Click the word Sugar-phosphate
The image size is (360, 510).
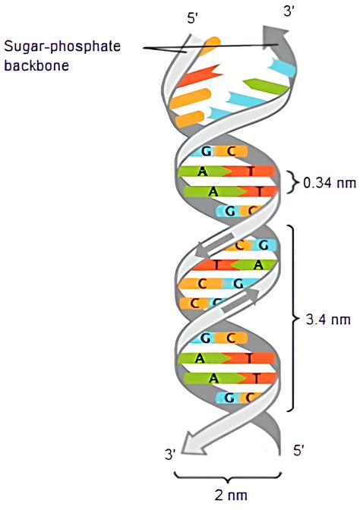tap(62, 46)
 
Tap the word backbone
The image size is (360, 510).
tap(36, 65)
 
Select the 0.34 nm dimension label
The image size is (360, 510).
tap(330, 183)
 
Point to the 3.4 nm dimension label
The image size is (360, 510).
tap(328, 320)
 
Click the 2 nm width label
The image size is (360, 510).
tap(231, 496)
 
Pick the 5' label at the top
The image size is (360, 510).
tap(193, 18)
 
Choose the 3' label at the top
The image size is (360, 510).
tap(289, 13)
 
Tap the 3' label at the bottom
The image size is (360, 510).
tap(171, 454)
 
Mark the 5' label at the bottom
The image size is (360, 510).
tap(298, 451)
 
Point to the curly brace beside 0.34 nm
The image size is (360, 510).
tap(294, 182)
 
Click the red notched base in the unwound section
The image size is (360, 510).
tap(199, 76)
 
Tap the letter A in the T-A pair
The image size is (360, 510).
tap(257, 265)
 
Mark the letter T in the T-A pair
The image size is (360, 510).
tap(217, 265)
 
